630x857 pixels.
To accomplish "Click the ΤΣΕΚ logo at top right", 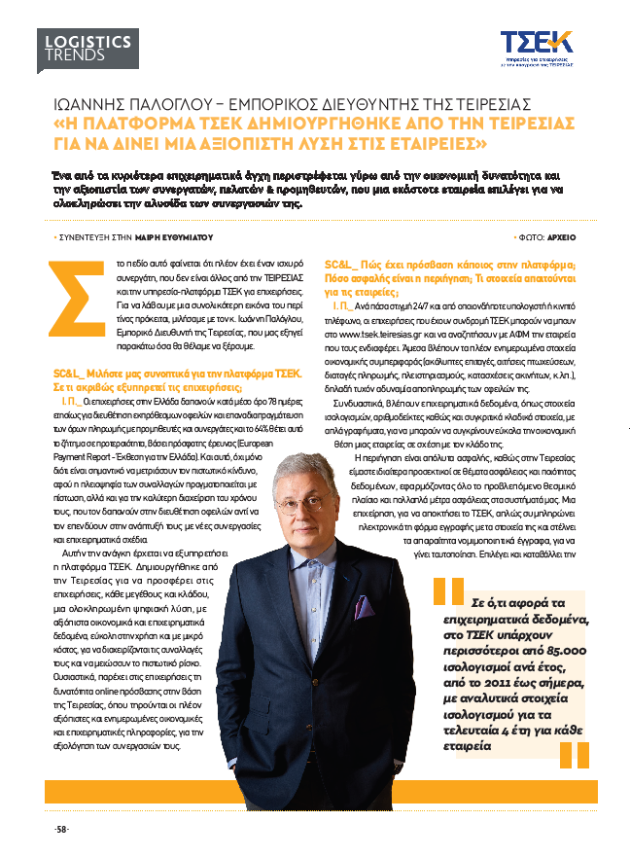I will (x=536, y=43).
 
